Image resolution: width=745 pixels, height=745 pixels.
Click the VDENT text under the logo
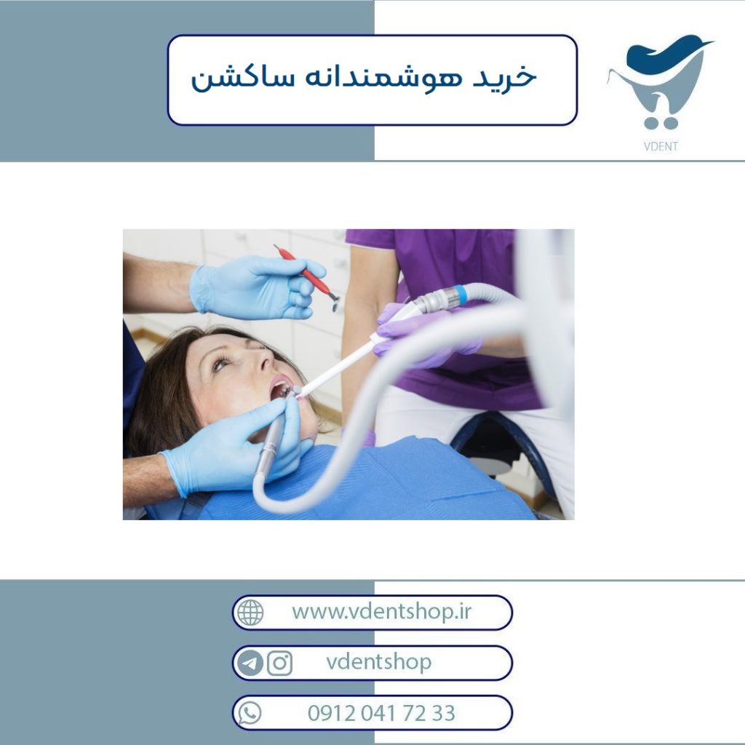coord(661,146)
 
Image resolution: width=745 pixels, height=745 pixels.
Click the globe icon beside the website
coord(250,613)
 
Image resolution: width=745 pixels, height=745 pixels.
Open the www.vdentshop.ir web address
coord(381,611)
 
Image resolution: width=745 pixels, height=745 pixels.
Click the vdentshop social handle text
coord(378,662)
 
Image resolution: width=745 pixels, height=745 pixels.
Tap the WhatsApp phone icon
coord(250,713)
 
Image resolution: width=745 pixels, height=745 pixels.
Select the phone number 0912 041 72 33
coord(381,713)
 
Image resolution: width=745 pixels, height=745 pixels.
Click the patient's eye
coord(220,364)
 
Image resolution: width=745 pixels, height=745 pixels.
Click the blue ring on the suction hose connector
coord(460,294)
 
